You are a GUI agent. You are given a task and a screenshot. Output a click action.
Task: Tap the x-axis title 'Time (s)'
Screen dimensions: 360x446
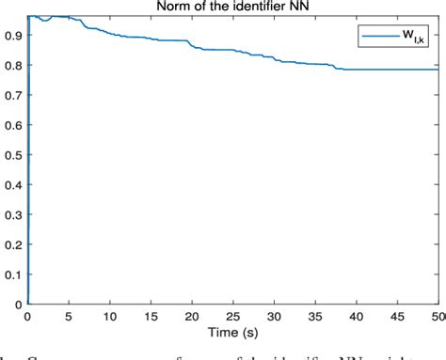point(233,334)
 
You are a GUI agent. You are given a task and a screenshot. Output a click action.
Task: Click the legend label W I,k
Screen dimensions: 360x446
point(412,37)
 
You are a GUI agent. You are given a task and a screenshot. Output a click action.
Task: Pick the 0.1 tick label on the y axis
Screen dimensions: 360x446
point(12,274)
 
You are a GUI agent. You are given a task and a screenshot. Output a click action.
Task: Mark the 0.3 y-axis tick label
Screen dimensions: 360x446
point(12,213)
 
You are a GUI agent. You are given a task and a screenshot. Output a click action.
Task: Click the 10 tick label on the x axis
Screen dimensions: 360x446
point(109,318)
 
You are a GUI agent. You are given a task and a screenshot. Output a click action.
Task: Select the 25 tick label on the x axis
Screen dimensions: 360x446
point(233,318)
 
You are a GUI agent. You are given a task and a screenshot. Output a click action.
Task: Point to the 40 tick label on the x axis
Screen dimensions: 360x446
point(357,318)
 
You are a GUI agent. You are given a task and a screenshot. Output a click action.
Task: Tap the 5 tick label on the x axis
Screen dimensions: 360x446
point(69,318)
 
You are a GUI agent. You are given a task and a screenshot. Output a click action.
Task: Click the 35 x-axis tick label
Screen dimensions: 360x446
point(315,318)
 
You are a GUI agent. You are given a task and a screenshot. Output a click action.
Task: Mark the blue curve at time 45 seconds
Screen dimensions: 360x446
point(398,69)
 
